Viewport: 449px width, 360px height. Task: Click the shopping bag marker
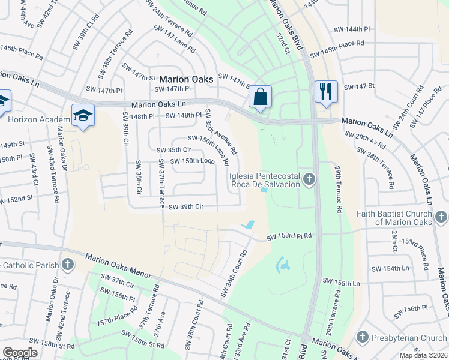tap(261, 97)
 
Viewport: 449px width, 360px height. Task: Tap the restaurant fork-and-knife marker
tap(326, 92)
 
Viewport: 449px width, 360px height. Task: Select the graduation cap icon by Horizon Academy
tap(83, 115)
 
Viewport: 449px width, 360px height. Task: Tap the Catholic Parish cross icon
tap(68, 264)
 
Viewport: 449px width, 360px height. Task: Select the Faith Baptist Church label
tap(394, 218)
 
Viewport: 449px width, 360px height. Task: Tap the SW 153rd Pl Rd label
tap(290, 237)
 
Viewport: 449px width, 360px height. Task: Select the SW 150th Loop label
tap(192, 161)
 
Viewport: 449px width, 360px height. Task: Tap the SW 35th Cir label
tap(173, 150)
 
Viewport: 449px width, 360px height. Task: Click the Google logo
tap(20, 353)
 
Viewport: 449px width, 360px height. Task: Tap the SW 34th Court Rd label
tap(234, 274)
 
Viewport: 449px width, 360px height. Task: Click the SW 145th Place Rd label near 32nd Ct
tap(337, 49)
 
